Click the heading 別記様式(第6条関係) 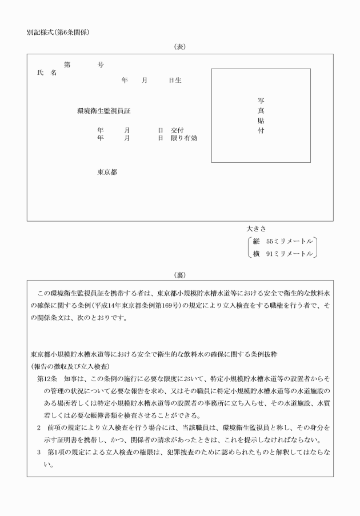[x=58, y=32]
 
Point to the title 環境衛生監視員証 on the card [x=107, y=111]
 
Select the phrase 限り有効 [x=183, y=138]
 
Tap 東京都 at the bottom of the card [x=107, y=172]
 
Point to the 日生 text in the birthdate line [x=174, y=81]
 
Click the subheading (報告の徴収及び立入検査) [x=70, y=366]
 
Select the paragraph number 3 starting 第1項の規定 [x=39, y=451]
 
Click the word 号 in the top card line [x=101, y=65]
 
